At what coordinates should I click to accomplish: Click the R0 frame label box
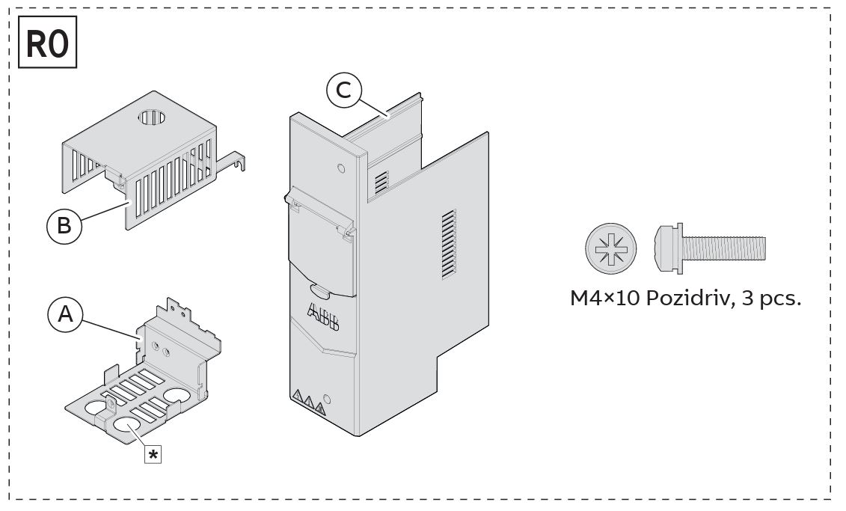(x=47, y=42)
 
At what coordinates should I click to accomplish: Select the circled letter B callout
(x=64, y=225)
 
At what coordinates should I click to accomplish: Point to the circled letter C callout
(x=343, y=90)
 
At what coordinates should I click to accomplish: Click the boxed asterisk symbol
(x=153, y=455)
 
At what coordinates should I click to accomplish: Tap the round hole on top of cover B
(x=154, y=117)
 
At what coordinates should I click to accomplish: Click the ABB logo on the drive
(x=323, y=318)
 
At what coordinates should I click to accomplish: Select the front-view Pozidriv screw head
(x=611, y=248)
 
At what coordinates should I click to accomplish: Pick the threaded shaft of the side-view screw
(x=724, y=248)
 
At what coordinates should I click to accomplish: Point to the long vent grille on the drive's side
(x=449, y=245)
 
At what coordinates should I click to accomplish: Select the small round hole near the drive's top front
(x=341, y=168)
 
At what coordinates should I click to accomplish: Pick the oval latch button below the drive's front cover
(x=320, y=290)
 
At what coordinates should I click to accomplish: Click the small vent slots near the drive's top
(x=381, y=182)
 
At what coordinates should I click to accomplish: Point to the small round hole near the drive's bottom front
(x=326, y=400)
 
